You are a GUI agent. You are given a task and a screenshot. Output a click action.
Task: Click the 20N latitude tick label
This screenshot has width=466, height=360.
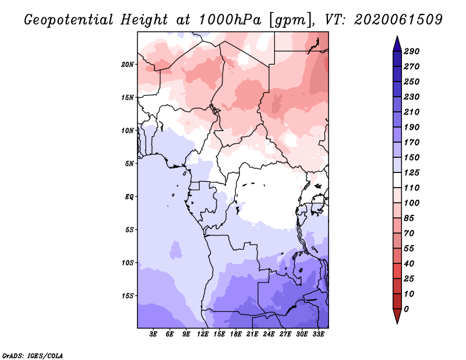tap(128, 65)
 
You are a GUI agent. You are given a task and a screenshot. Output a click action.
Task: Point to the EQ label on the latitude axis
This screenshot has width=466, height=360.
tap(129, 197)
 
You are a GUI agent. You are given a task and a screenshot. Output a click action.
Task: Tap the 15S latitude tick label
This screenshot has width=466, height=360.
tap(128, 296)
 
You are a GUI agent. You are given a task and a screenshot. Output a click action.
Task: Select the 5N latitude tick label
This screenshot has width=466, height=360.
tap(129, 164)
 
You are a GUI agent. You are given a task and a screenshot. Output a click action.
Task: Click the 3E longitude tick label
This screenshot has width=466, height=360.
tap(153, 334)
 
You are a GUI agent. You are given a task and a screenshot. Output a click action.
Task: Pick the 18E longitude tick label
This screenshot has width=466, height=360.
tap(236, 334)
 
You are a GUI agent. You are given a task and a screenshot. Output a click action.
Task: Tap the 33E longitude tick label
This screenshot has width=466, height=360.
tap(318, 334)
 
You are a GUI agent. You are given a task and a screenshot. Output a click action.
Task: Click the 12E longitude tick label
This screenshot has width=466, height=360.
tap(203, 334)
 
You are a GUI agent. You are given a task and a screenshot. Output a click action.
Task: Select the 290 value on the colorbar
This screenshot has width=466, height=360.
tap(412, 51)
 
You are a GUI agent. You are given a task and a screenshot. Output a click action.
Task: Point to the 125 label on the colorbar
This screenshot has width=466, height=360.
tap(412, 172)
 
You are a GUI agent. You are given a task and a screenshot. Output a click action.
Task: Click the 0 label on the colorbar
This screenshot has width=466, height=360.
tap(406, 309)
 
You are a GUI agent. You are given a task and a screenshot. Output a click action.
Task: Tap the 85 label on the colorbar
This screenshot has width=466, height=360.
tap(409, 218)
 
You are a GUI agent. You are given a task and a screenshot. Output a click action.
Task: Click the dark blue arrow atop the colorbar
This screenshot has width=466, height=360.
tap(397, 44)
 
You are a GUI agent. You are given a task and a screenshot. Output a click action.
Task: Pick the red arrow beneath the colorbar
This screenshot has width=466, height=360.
tap(397, 316)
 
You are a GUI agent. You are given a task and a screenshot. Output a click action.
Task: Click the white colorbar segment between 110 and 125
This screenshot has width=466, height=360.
tap(397, 180)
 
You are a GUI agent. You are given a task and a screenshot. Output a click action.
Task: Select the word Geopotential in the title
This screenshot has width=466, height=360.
tap(68, 20)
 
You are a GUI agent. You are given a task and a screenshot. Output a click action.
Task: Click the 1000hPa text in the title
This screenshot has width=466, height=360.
tap(230, 20)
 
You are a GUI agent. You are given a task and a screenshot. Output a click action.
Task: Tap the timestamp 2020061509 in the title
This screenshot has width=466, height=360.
tap(398, 20)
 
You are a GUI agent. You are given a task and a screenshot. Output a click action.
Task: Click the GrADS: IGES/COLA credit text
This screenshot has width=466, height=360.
tap(33, 356)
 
